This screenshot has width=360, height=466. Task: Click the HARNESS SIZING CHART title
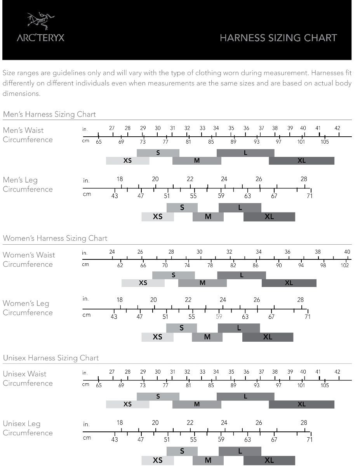[x=278, y=38]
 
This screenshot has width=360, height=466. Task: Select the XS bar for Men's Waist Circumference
[x=127, y=160]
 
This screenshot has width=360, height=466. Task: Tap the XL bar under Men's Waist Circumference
[x=301, y=160]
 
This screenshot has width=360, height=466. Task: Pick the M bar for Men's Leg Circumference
[x=208, y=217]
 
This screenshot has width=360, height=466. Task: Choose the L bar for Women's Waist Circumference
[x=242, y=275]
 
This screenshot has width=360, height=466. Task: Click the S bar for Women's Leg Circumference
[x=181, y=328]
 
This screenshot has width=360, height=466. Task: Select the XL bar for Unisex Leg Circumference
[x=269, y=461]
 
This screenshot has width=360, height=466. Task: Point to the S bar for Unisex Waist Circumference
[x=158, y=396]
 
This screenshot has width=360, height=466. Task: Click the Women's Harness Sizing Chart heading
[x=55, y=238]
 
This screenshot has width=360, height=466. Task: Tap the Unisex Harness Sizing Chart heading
[x=51, y=358]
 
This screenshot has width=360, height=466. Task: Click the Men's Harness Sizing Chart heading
[x=49, y=114]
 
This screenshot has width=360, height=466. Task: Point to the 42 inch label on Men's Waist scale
[x=337, y=128]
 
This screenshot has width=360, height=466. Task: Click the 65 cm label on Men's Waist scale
[x=99, y=142]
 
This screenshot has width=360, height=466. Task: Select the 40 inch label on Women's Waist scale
[x=347, y=252]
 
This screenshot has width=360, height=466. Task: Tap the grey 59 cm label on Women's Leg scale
[x=219, y=316]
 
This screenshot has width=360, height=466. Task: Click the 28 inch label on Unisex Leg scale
[x=304, y=423]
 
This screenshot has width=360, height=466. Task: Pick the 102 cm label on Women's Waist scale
[x=344, y=265]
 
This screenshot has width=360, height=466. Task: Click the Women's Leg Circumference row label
[x=28, y=308]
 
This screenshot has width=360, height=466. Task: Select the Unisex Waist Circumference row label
[x=28, y=378]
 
